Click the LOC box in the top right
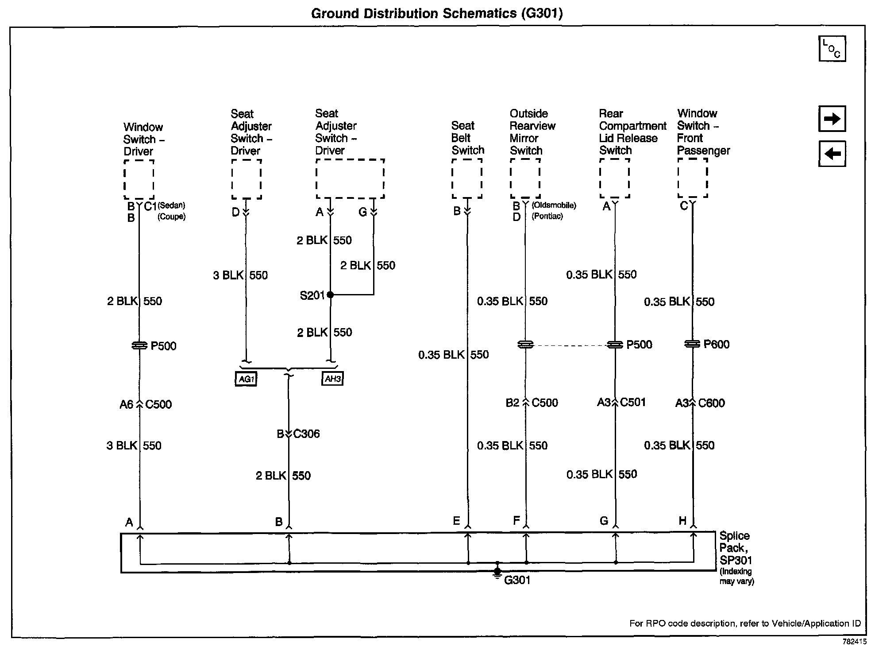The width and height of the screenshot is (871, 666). pos(832,49)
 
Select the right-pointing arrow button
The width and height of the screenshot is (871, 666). pos(832,119)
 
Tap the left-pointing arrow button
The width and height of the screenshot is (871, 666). pos(832,154)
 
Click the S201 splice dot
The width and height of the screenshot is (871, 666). pos(330,294)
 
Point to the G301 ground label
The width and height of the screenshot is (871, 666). pos(517,580)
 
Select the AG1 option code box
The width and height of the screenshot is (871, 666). pos(246,379)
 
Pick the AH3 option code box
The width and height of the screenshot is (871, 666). pos(332,379)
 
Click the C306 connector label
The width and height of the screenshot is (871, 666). pos(306,434)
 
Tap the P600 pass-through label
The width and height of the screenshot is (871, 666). pos(716,344)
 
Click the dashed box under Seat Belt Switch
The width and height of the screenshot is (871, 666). pos(467,178)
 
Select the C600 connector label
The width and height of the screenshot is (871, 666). pos(711,403)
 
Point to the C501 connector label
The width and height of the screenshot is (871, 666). pos(633,402)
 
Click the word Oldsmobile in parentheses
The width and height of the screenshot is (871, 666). pos(554,205)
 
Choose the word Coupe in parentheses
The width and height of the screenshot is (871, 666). pos(172,217)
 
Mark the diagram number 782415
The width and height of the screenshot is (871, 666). pos(854,641)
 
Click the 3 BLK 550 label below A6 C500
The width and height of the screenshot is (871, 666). pos(134,445)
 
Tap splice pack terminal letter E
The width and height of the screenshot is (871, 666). pos(456,521)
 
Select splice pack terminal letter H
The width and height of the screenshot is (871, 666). pos(682,521)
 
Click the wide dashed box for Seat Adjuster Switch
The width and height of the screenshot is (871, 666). pos(350,178)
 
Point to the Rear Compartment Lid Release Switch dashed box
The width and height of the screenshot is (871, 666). pos(614,178)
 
